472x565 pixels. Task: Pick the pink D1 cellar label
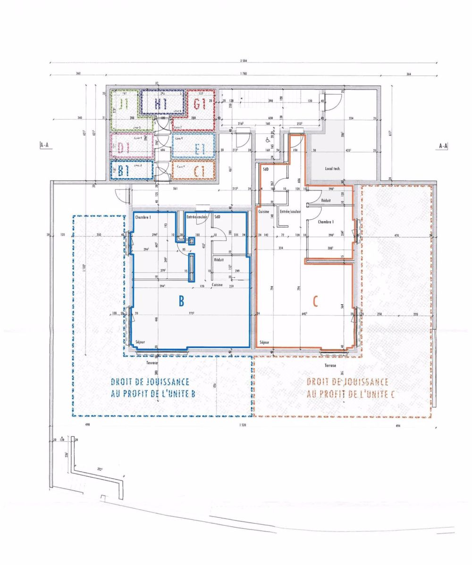[x=124, y=148]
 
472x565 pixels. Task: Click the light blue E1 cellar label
[x=199, y=150]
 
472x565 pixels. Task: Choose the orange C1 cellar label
[x=199, y=171]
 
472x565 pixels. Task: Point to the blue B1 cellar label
[x=124, y=171]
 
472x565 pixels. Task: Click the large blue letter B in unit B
[x=181, y=301]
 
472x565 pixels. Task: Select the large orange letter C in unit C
[x=316, y=301]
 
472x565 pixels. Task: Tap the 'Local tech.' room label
[x=332, y=168]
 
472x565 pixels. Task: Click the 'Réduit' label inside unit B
[x=219, y=259]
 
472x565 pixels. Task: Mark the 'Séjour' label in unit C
[x=264, y=342]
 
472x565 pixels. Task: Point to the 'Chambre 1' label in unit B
[x=143, y=217]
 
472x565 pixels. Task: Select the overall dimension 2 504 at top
[x=244, y=61]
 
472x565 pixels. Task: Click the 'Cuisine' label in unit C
[x=263, y=212]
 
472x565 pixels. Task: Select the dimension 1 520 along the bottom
[x=243, y=425]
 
